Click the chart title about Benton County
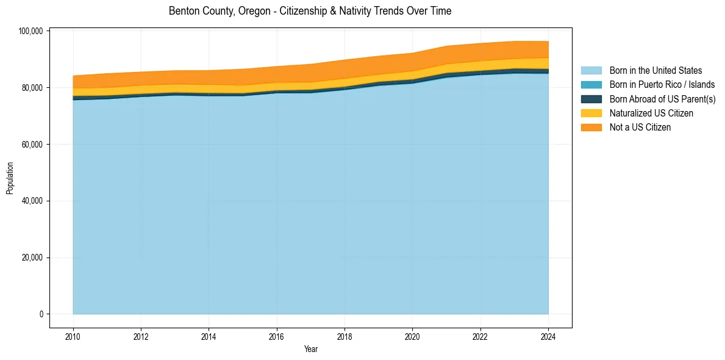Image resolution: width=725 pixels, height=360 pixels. pos(310,11)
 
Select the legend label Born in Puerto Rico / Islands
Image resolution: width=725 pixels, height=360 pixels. pos(662,85)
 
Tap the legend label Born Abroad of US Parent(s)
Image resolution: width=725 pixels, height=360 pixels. pos(662,99)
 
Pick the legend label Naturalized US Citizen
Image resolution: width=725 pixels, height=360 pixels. pos(651,113)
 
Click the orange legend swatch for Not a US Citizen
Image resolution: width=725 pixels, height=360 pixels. pos(591,127)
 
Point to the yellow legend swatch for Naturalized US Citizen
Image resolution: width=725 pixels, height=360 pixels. pos(591,113)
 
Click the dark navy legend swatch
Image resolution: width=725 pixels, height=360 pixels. pos(591,99)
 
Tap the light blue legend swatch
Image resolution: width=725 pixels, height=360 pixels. pos(591,71)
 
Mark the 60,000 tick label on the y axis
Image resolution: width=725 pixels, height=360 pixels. pos(31,145)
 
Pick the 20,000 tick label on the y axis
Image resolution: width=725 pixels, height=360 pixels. pos(31,257)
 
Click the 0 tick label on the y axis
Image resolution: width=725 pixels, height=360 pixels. pos(41,314)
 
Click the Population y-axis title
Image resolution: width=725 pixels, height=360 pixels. pos(10,178)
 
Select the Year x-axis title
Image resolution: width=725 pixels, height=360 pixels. pos(310,350)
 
